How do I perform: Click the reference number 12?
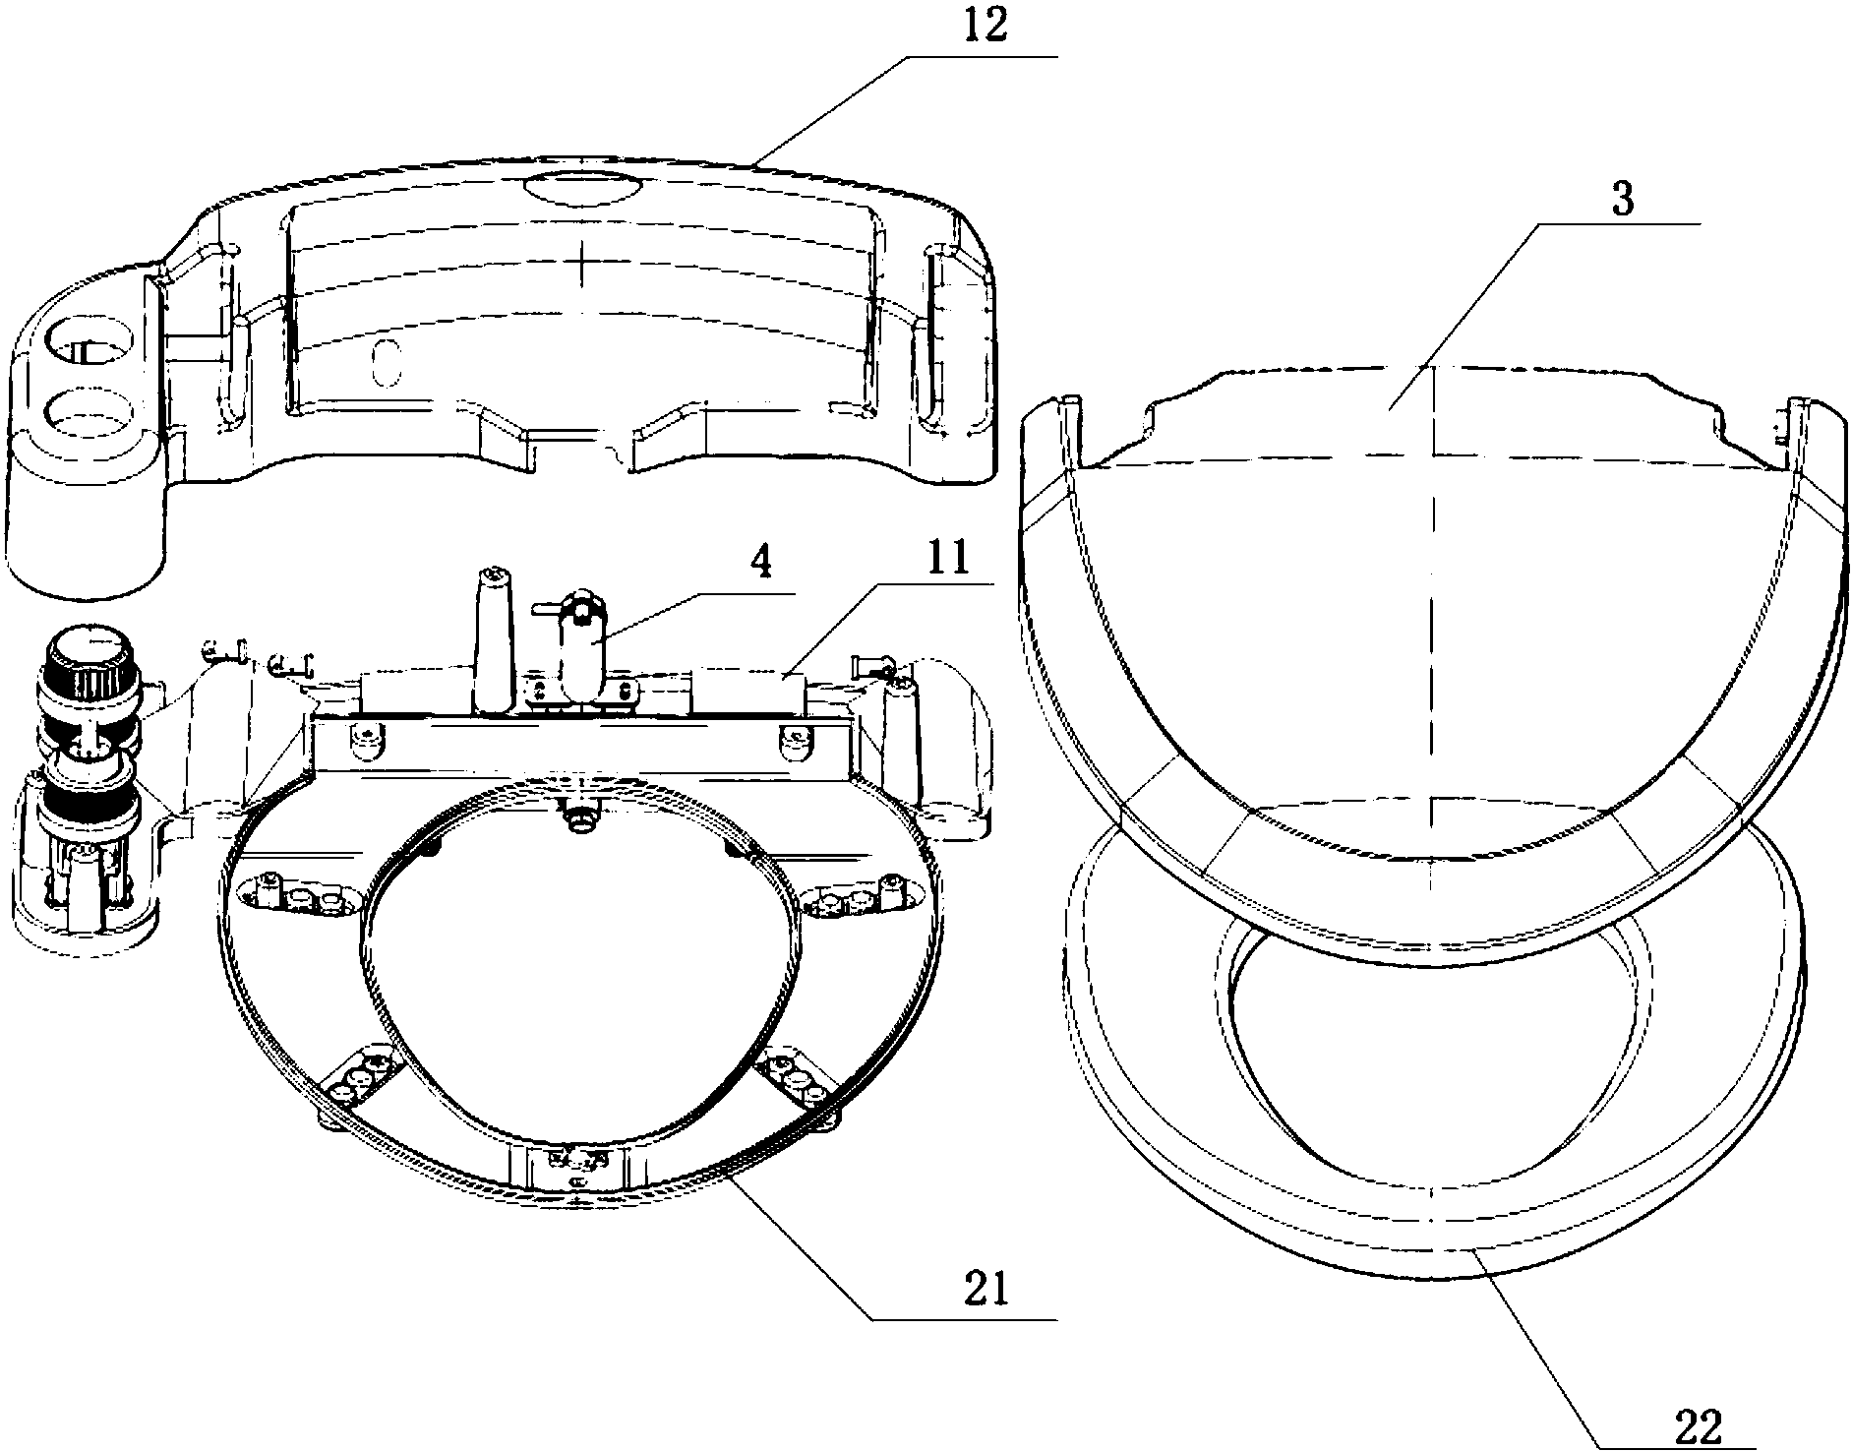point(986,28)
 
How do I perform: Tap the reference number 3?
point(1624,203)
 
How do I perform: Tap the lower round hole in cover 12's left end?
point(88,412)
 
